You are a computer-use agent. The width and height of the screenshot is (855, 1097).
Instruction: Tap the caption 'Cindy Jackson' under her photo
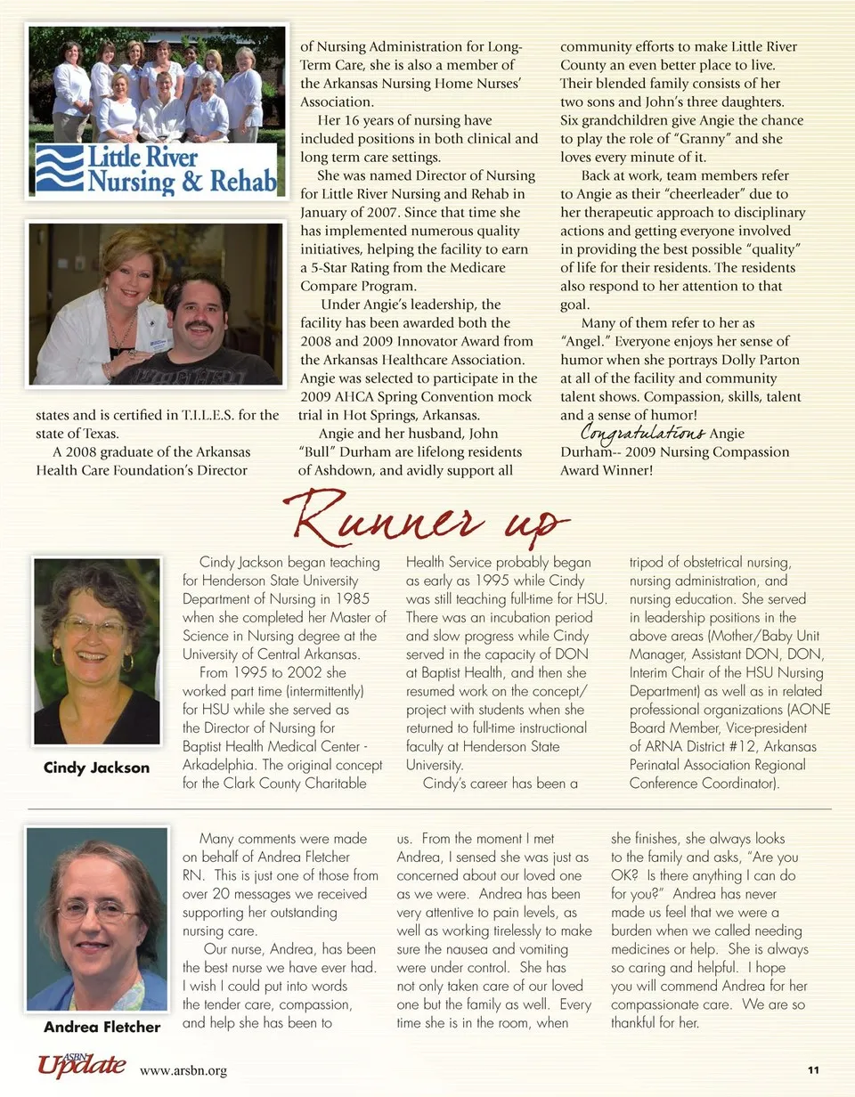click(96, 768)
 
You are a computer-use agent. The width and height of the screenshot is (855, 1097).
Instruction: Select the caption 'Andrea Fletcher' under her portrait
click(102, 1027)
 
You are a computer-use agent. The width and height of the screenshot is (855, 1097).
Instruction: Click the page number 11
click(812, 1069)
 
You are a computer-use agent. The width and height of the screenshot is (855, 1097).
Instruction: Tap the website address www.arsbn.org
click(183, 1070)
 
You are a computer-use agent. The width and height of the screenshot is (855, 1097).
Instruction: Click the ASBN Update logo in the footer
click(81, 1064)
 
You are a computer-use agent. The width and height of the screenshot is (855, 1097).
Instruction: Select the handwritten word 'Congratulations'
click(643, 434)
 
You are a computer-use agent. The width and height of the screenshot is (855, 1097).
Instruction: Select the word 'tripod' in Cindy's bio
click(648, 563)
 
